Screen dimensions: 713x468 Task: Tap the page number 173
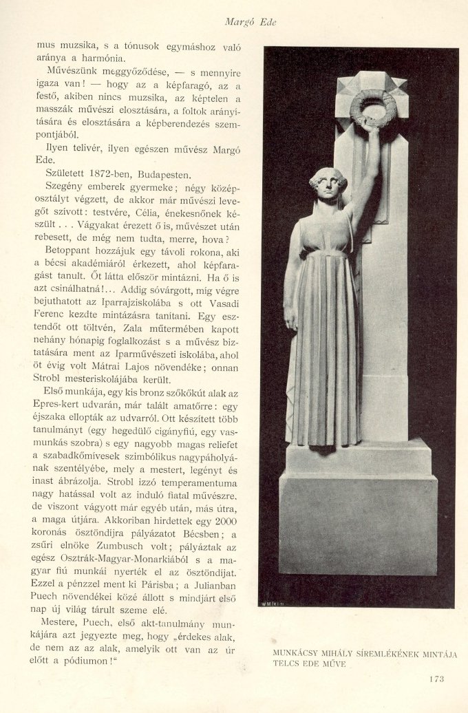436,679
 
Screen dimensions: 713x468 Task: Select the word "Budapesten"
167,174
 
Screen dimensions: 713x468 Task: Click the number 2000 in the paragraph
226,522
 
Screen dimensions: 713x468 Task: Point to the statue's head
328,184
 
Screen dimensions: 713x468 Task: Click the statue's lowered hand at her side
291,319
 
